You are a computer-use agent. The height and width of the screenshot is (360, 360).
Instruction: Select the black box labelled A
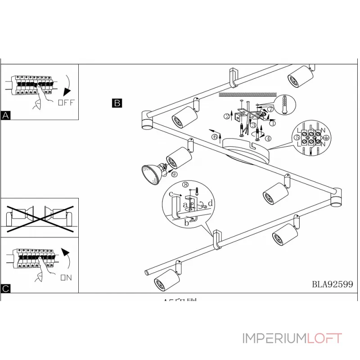click(x=6, y=116)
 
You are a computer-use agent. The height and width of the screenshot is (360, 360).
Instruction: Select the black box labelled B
click(x=117, y=103)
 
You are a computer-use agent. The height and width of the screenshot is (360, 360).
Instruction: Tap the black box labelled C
click(x=6, y=288)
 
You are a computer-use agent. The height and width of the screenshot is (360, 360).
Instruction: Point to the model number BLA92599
click(x=332, y=284)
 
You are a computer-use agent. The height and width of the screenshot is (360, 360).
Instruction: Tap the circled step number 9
click(x=174, y=175)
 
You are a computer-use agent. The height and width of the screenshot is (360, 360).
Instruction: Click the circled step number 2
click(x=227, y=116)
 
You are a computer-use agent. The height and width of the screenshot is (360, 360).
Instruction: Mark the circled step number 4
click(x=268, y=138)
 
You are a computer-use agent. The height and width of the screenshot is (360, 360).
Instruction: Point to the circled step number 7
click(x=270, y=109)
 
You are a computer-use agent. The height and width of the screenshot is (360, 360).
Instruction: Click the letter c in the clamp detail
click(x=171, y=194)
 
